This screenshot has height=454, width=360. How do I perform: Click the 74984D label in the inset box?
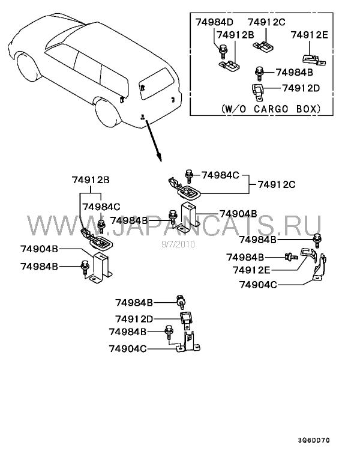coord(214,22)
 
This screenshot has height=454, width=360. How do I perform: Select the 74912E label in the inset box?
coord(310,35)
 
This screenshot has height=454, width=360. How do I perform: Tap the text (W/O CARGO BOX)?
coord(271,109)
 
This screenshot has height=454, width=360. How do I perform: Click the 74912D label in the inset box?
coord(301,88)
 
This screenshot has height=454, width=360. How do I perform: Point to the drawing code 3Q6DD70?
coord(314,440)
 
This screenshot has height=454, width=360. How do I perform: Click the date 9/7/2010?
coord(178,244)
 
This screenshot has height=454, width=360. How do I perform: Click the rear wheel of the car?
coord(107,113)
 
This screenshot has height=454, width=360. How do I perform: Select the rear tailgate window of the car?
coord(156,83)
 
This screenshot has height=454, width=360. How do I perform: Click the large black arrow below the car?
coord(154,141)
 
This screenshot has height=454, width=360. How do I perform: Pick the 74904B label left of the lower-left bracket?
coord(39,249)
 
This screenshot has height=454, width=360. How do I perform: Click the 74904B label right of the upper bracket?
coord(238,214)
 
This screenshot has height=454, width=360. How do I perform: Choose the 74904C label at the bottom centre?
coord(128,348)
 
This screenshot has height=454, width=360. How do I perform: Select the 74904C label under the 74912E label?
coord(258,285)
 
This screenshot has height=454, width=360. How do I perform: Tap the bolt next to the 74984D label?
coord(223,52)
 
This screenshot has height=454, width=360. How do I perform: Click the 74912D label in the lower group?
coord(134,319)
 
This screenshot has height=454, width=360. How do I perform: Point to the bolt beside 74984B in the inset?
coord(259,73)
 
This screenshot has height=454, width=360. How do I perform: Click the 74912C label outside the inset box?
coord(277,184)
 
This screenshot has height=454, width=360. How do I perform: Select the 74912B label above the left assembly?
coord(91,180)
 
